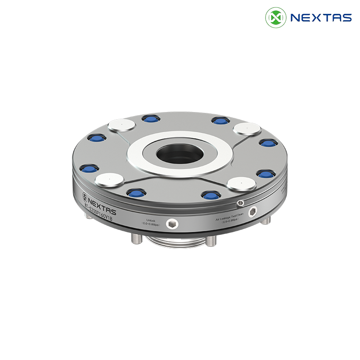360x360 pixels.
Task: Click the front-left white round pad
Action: click(108, 180)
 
